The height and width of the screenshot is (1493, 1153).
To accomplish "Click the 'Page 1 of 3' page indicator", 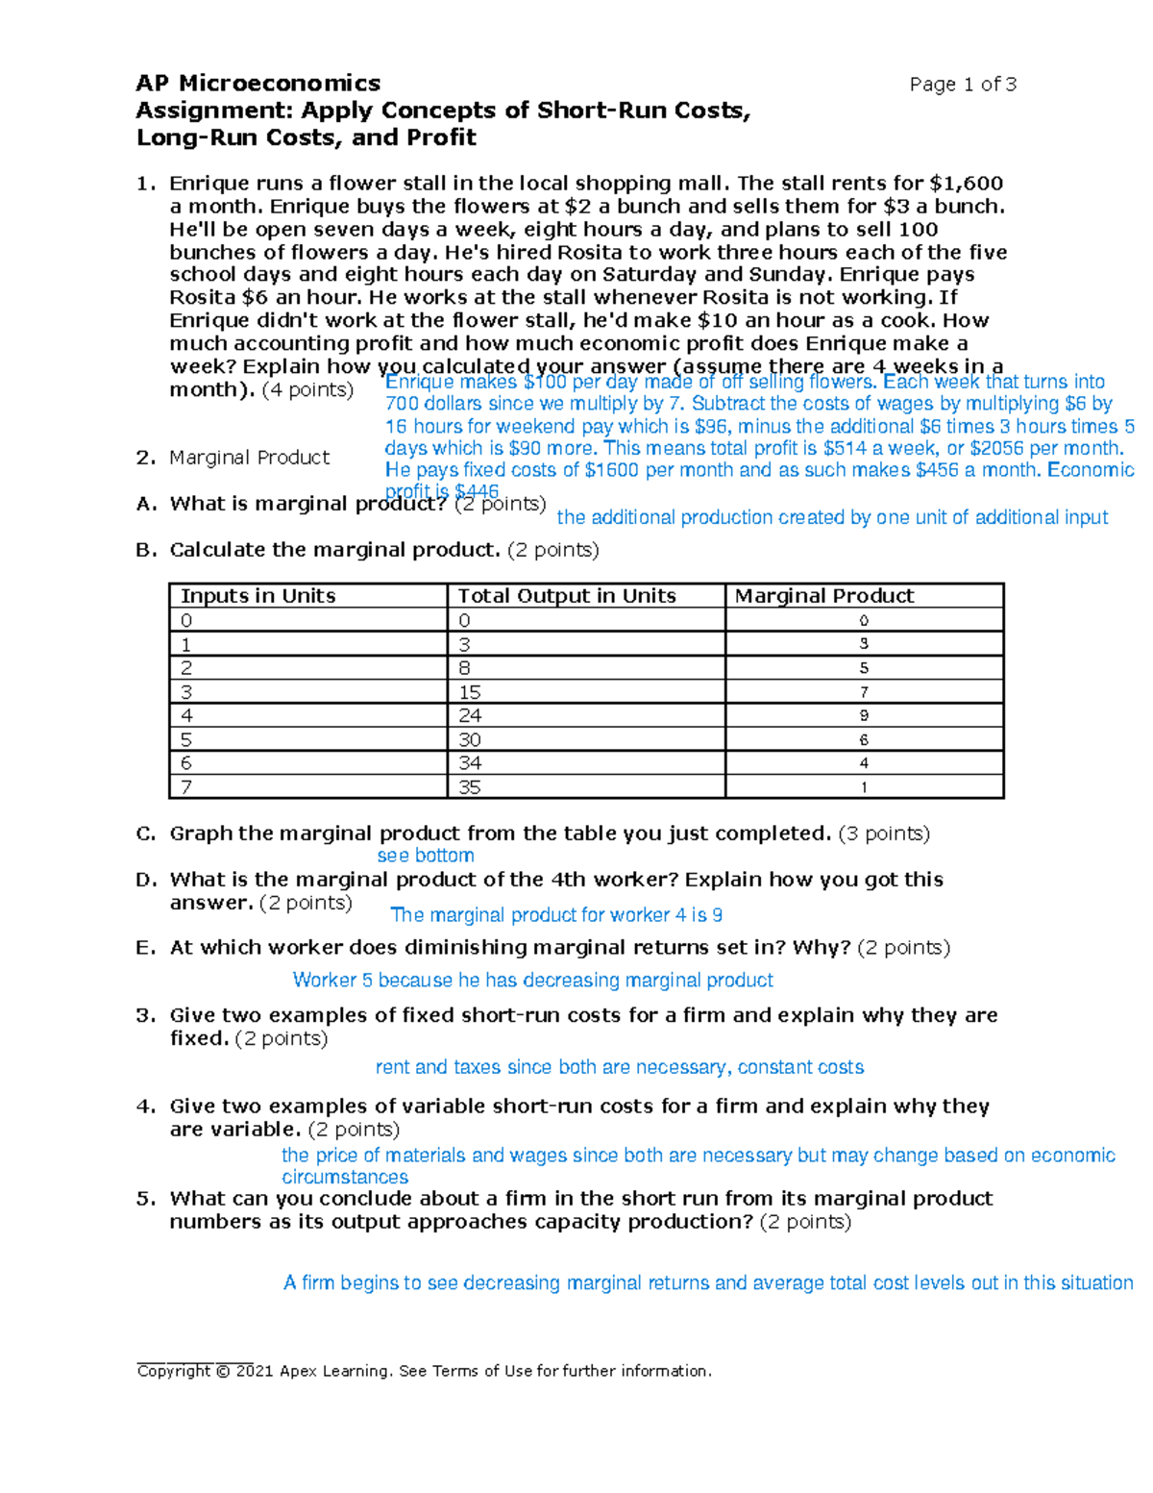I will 963,85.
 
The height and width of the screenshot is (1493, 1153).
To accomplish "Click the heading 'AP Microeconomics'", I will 258,84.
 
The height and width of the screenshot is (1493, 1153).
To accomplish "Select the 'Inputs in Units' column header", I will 258,596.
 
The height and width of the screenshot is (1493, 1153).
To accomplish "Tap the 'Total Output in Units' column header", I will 567,596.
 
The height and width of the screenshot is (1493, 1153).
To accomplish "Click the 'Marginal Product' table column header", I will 824,596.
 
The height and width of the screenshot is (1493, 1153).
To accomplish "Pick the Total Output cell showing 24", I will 470,716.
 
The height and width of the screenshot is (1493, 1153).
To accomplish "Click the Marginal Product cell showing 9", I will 864,716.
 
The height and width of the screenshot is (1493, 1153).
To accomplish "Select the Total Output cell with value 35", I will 470,787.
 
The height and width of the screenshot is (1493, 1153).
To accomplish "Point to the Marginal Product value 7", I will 864,692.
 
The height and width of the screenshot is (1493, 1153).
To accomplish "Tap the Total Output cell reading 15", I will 470,692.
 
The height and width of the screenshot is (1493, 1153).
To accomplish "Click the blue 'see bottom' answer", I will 426,856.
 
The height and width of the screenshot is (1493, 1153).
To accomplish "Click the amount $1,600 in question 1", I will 967,184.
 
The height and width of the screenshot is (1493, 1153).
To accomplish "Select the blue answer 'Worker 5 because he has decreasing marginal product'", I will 532,980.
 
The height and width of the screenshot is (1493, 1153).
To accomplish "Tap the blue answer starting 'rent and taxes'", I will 619,1067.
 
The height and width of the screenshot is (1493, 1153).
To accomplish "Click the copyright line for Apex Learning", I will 425,1371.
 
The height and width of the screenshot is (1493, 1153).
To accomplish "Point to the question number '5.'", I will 146,1199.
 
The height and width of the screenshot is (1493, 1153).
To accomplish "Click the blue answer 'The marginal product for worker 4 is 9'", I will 556,915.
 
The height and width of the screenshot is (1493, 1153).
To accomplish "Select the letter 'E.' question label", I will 146,948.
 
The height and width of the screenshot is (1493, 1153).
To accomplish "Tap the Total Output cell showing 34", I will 470,763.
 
